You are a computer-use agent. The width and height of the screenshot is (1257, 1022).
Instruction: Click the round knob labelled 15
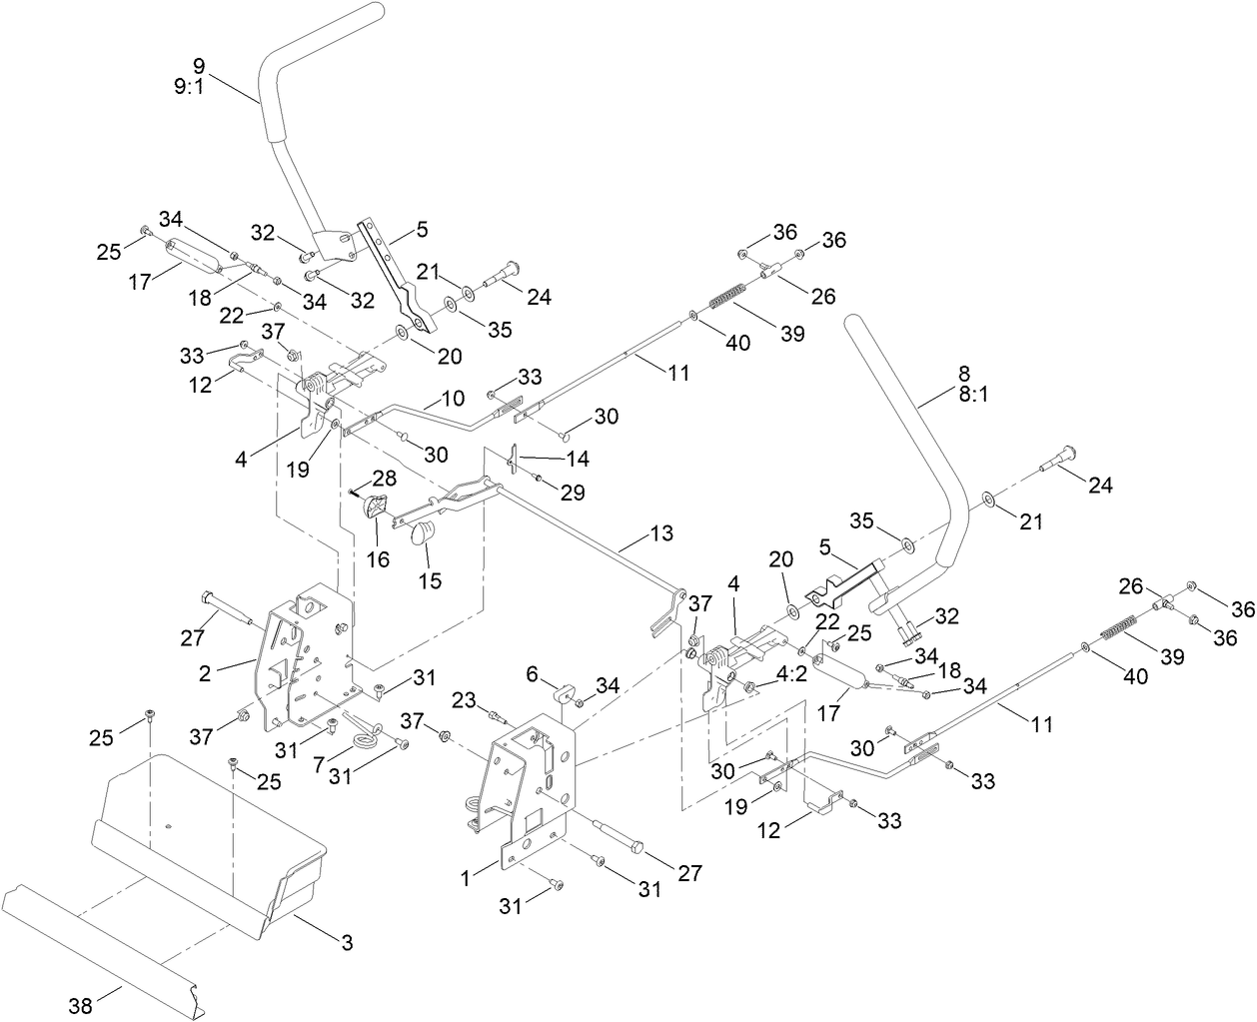[425, 531]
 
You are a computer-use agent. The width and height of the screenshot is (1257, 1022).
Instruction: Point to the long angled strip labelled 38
[100, 931]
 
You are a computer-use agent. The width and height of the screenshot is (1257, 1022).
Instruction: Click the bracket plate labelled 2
[300, 659]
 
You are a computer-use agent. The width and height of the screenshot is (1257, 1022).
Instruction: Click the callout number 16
[378, 558]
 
